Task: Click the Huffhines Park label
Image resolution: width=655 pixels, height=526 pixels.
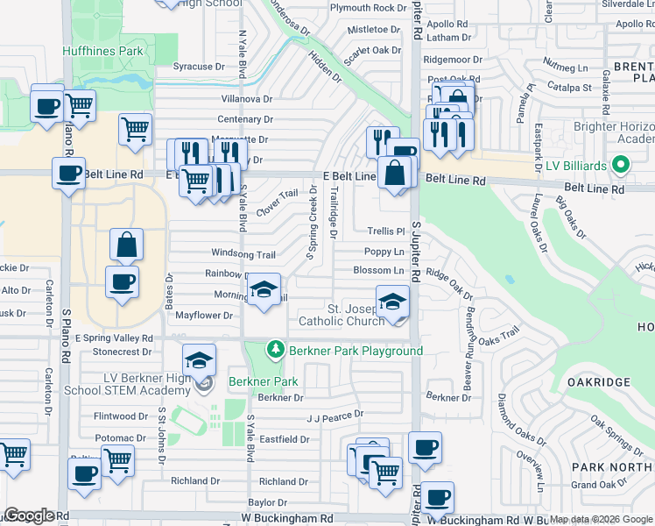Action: [102, 51]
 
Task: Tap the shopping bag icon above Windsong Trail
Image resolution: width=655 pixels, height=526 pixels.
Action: [127, 245]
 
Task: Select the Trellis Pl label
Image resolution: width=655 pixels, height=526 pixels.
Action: [384, 231]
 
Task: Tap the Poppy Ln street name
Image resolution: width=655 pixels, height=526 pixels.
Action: [384, 252]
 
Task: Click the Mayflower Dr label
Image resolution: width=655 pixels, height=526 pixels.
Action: [203, 315]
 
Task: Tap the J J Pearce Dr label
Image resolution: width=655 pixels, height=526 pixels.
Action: [335, 416]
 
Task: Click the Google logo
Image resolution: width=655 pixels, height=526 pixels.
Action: [30, 515]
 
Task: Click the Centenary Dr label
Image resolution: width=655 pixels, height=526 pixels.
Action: [245, 119]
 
